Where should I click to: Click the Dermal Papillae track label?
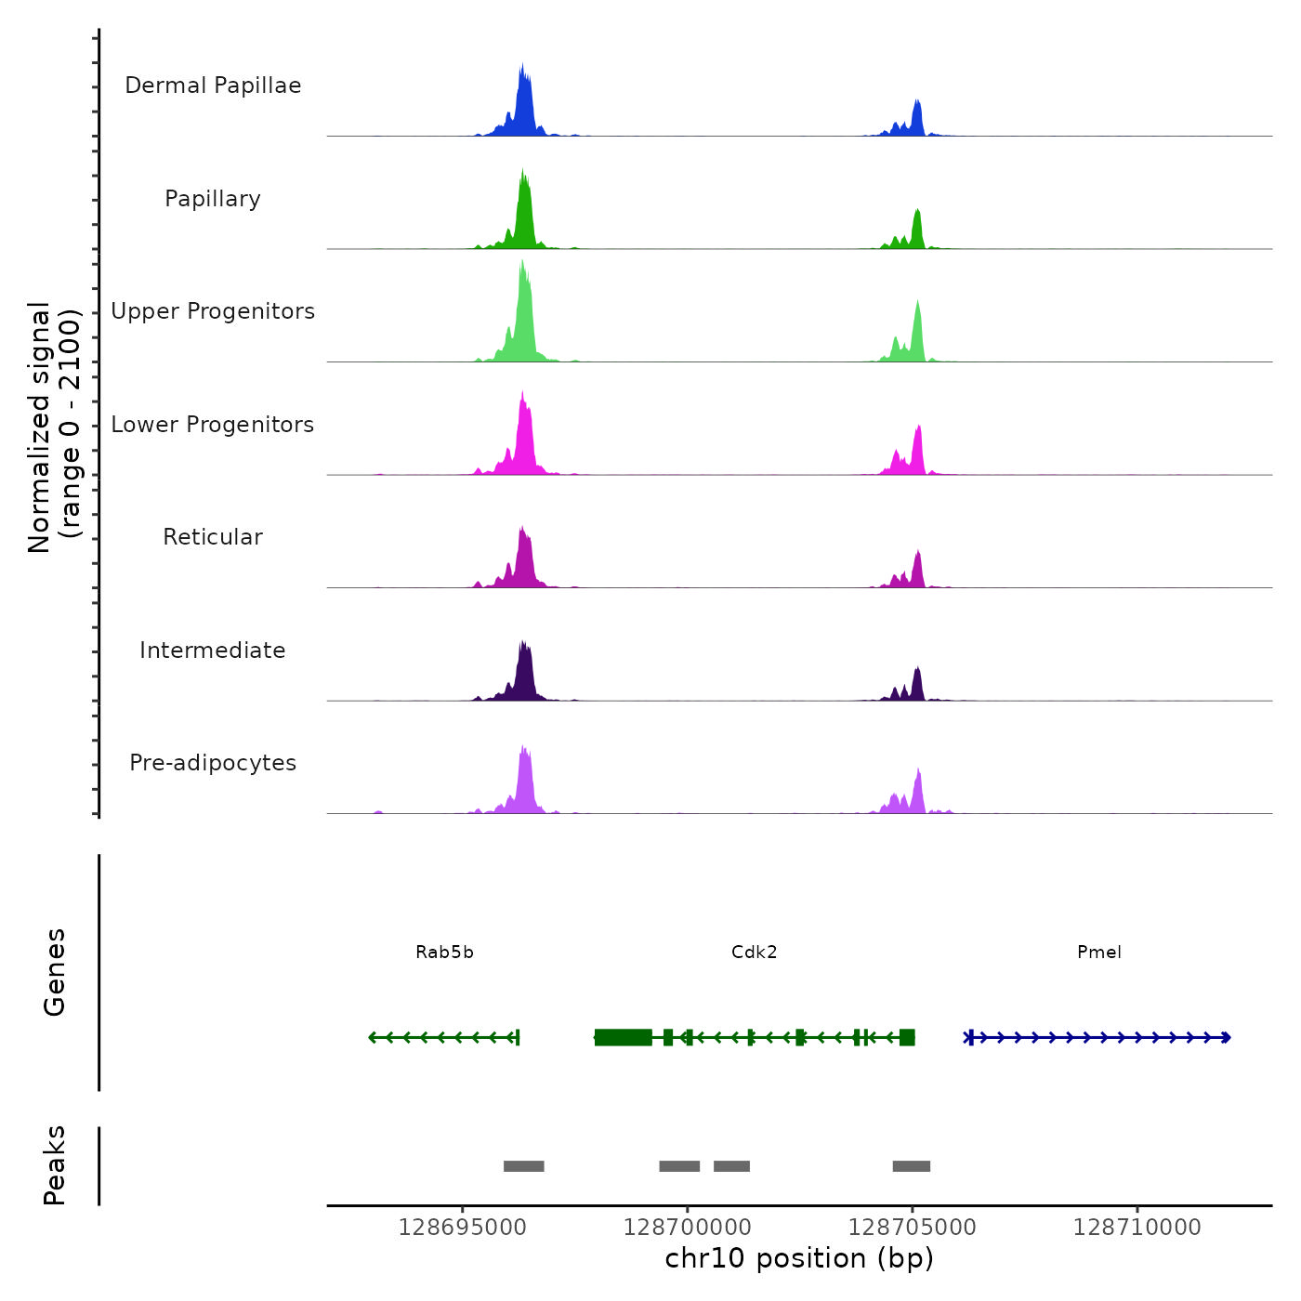(213, 85)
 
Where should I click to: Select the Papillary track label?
(213, 199)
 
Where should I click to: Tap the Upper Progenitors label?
(213, 311)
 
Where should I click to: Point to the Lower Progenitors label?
(213, 425)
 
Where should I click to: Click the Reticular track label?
(213, 537)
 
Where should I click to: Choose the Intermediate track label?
(213, 650)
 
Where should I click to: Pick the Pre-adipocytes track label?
(213, 763)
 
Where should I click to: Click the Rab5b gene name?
(444, 952)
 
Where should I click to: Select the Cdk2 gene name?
(754, 952)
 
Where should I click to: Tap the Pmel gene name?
(1098, 952)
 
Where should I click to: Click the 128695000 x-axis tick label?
(462, 1228)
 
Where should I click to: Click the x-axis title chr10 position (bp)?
(799, 1258)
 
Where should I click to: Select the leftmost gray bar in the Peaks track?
(523, 1166)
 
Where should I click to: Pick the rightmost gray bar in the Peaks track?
(911, 1166)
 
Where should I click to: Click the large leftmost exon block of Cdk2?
(623, 1037)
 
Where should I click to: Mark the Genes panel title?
(55, 972)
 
